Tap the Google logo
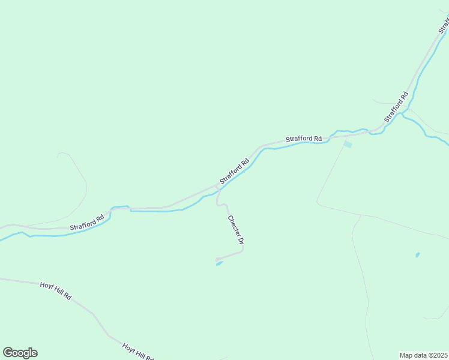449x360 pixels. pyautogui.click(x=20, y=353)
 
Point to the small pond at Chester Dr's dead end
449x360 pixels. pyautogui.click(x=220, y=263)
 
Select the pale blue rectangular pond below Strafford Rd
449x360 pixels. pyautogui.click(x=348, y=144)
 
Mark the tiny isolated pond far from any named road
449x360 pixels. pyautogui.click(x=417, y=254)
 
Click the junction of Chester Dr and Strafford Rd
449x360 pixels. pyautogui.click(x=217, y=187)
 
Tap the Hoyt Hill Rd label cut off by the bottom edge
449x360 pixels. pyautogui.click(x=139, y=352)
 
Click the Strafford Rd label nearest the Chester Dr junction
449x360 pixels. pyautogui.click(x=234, y=171)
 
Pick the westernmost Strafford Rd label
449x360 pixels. pyautogui.click(x=87, y=222)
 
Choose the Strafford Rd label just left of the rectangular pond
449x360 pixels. pyautogui.click(x=304, y=139)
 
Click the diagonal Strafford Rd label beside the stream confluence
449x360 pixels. pyautogui.click(x=396, y=107)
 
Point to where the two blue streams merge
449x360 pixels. pyautogui.click(x=406, y=112)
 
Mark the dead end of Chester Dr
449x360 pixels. pyautogui.click(x=216, y=259)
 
